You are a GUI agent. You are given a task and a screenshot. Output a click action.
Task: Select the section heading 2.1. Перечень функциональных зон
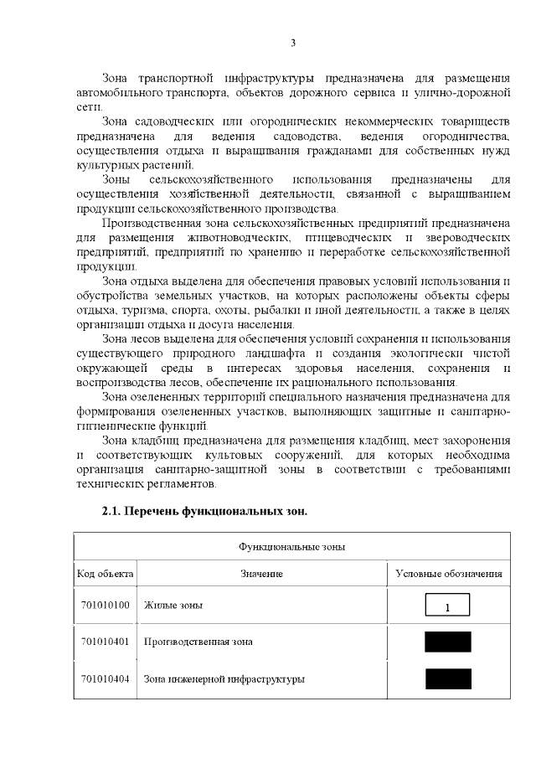click(199, 512)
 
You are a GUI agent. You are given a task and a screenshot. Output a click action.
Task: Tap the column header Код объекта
click(105, 575)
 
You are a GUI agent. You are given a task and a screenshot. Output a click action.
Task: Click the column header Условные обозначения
click(449, 575)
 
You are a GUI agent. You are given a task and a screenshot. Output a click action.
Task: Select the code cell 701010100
click(105, 604)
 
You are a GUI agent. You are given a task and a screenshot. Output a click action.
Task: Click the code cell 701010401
click(105, 642)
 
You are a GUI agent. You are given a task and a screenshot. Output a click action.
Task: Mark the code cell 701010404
click(105, 678)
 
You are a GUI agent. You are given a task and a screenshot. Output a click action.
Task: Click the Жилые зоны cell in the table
click(173, 604)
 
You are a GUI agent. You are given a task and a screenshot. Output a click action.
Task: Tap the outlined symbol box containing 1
click(447, 605)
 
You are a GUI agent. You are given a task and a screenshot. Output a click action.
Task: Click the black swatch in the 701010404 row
click(447, 678)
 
